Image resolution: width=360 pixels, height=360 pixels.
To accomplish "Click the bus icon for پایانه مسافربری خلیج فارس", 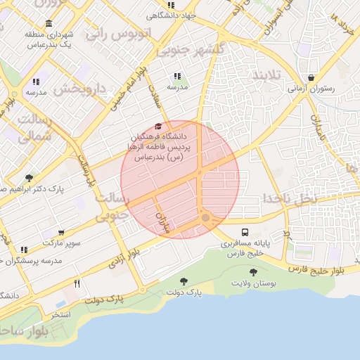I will coord(245,232).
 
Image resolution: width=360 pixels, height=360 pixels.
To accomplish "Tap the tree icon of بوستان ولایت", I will coord(253,272).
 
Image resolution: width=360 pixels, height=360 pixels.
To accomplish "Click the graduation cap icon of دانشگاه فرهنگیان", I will coord(159,126).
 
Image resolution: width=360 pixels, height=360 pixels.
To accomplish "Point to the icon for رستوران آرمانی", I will coord(311,77).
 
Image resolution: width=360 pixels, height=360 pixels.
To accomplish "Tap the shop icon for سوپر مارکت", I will coord(62,232).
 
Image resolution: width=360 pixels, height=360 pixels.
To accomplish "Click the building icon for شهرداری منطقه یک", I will coord(49,24).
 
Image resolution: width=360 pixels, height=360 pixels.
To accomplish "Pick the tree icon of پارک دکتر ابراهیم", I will coord(29,178).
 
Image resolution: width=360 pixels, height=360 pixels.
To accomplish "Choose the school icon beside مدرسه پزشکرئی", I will coord(25,250).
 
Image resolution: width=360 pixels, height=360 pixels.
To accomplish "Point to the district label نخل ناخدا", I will coord(290,198).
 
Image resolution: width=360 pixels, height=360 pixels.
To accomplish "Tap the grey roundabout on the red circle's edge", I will coord(205,219).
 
